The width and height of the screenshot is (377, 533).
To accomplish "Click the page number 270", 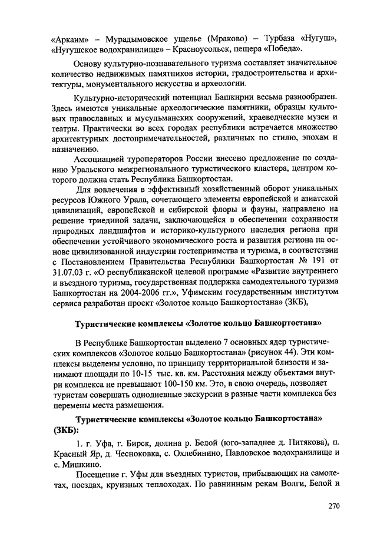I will click(x=333, y=505).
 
